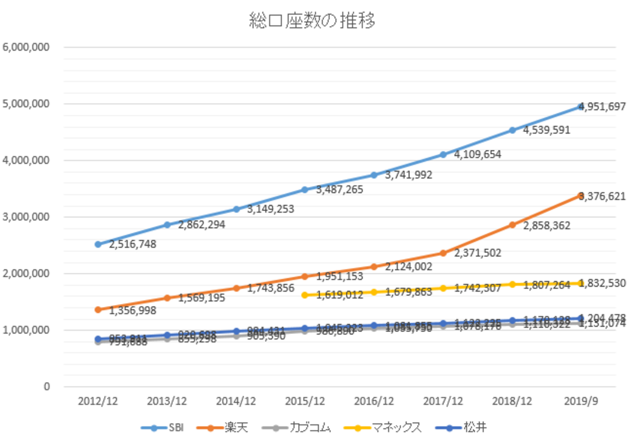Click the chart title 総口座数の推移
(312, 21)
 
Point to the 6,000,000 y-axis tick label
(27, 47)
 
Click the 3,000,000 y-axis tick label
(27, 217)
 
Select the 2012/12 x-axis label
(98, 401)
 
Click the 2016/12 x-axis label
(374, 401)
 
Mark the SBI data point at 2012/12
(98, 244)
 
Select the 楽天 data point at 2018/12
(512, 225)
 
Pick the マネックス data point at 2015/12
(305, 295)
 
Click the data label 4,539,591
(547, 130)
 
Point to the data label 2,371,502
(478, 252)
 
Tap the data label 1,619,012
(340, 294)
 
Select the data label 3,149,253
(270, 210)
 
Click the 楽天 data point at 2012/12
(98, 310)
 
